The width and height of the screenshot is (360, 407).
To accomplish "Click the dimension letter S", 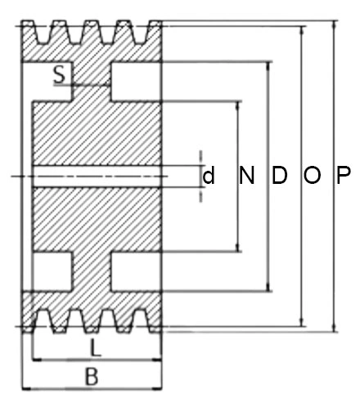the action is (60, 74).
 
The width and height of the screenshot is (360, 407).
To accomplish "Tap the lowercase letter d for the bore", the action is (209, 175).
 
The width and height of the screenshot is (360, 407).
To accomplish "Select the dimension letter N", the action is (246, 175).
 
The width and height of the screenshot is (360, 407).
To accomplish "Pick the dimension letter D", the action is (280, 175).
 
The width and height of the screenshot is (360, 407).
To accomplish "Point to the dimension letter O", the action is (313, 175).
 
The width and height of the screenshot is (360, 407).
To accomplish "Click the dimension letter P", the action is (344, 175).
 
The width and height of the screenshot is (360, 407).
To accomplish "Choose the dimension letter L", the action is (96, 348).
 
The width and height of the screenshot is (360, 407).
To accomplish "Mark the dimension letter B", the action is (92, 377).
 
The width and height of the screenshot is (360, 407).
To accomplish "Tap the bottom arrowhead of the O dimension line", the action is (302, 322).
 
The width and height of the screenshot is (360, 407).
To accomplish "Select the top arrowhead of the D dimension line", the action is (268, 66).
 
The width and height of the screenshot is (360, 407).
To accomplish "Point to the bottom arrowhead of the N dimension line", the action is (238, 248).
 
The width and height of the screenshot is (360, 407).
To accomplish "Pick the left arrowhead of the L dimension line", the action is (37, 360).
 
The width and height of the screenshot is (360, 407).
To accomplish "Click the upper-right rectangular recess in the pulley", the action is (136, 82).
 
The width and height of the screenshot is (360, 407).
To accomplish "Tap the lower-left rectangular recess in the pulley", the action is (52, 271).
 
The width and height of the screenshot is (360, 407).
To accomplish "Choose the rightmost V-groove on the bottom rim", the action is (140, 320).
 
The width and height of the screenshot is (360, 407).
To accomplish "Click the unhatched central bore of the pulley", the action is (96, 177).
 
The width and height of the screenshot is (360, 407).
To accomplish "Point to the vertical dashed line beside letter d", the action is (201, 177).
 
